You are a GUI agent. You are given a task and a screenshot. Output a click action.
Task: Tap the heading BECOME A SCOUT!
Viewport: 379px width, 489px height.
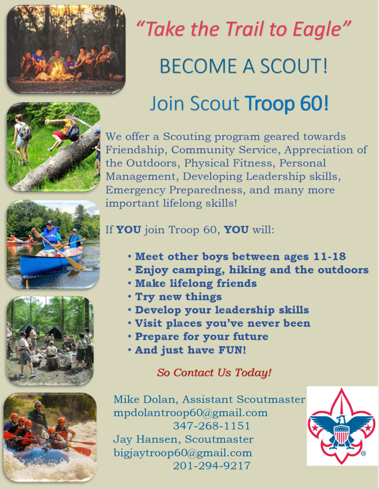244,66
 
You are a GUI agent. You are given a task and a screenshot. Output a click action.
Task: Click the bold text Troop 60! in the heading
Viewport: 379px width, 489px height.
287,103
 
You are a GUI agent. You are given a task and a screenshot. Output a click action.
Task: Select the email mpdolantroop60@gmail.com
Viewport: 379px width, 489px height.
190,413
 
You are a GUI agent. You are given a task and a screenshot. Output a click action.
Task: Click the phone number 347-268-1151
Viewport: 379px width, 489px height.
211,426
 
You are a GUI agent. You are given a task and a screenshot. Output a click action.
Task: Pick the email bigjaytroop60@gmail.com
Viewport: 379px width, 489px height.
183,453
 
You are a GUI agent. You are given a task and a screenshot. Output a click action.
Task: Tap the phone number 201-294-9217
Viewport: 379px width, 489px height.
211,466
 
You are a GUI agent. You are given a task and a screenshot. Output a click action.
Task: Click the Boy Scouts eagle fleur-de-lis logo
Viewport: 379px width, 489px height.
342,426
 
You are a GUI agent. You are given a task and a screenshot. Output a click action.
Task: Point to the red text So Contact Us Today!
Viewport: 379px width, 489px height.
214,372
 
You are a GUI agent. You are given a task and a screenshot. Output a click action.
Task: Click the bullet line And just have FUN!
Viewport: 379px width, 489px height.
190,350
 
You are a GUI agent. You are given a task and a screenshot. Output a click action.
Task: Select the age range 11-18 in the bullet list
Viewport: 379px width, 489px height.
329,256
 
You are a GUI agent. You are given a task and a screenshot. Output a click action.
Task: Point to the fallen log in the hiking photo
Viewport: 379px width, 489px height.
57,162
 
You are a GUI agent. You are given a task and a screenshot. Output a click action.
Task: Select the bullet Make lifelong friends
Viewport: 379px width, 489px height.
195,283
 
